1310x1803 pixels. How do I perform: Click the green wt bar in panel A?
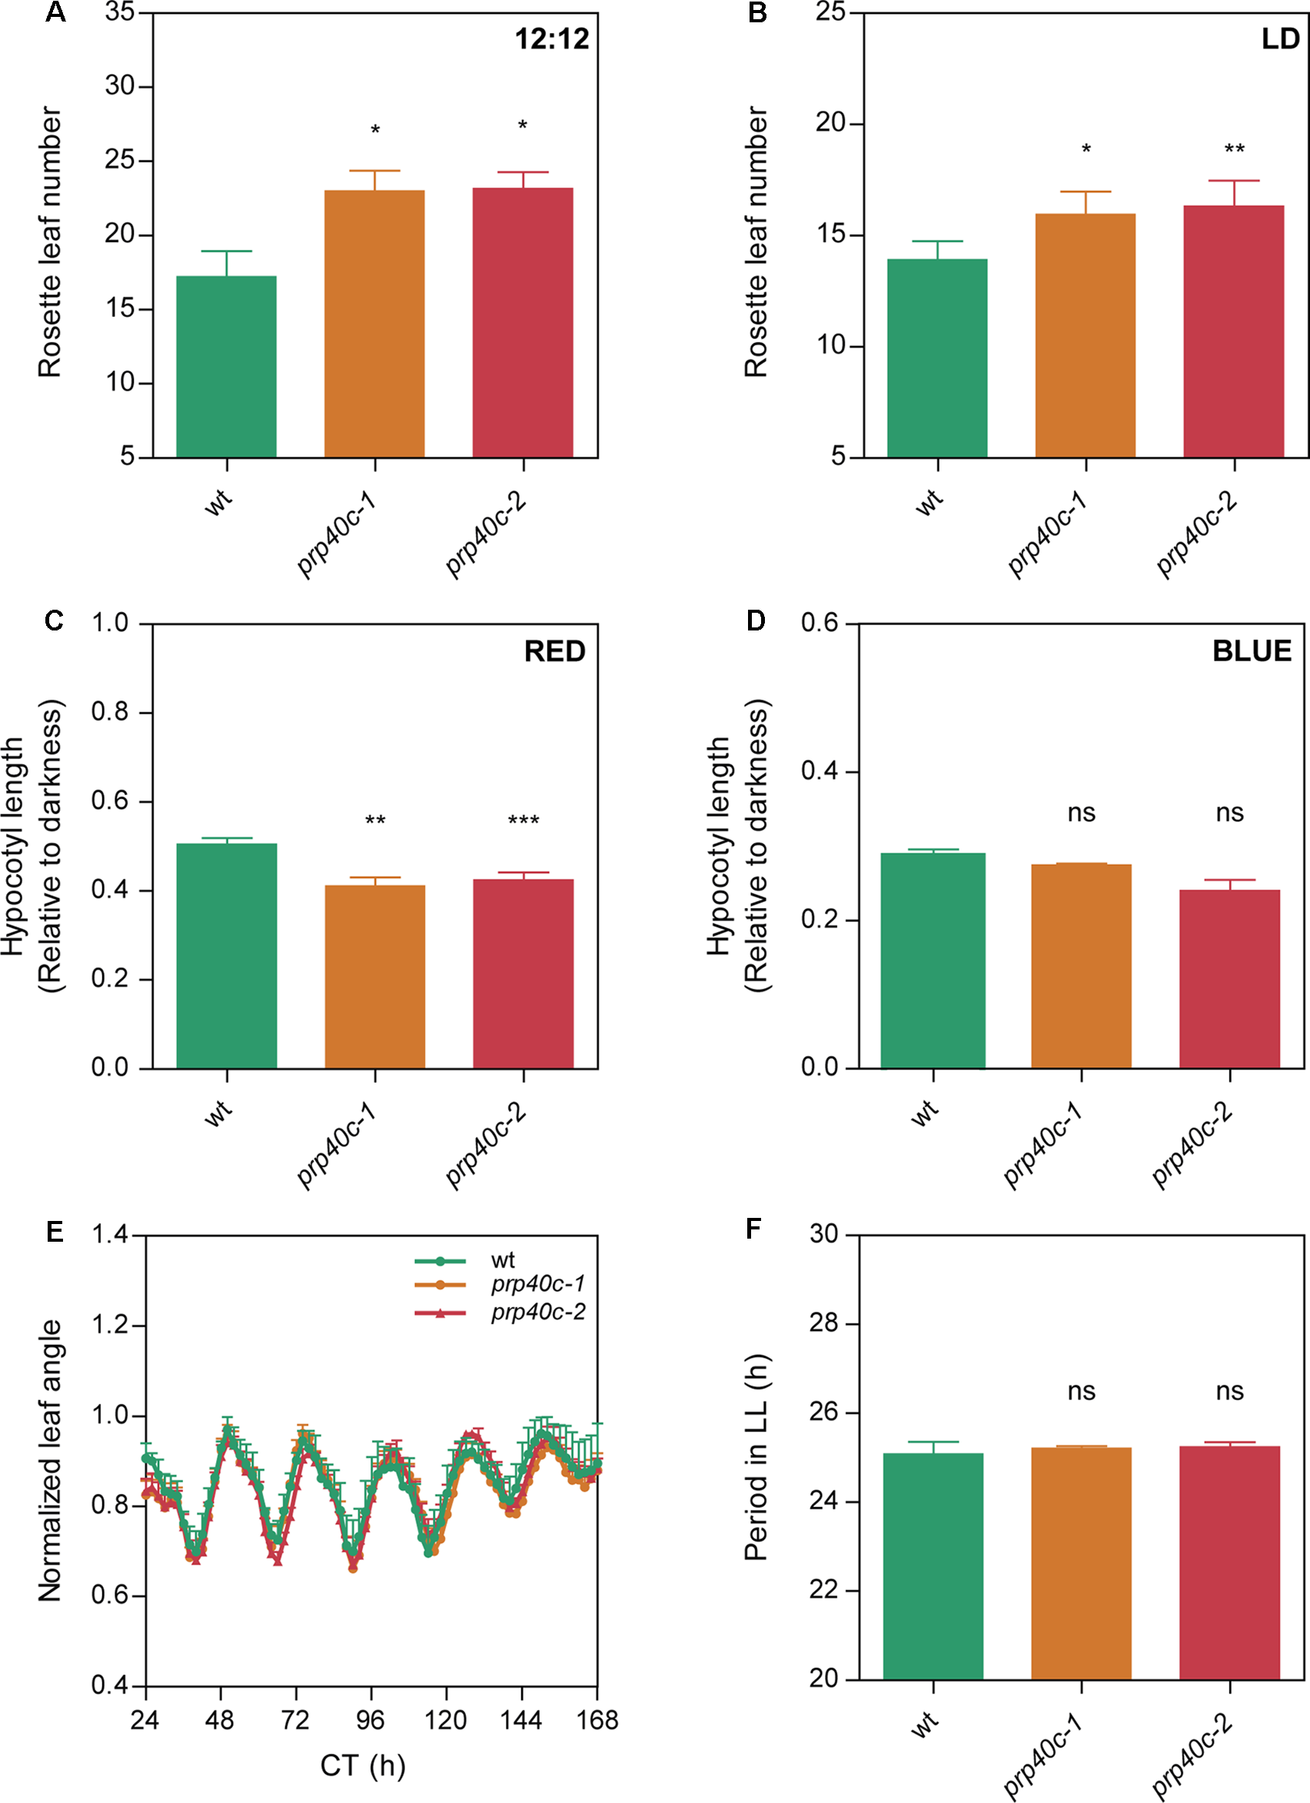(227, 367)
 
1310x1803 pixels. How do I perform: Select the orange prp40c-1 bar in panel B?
(1085, 335)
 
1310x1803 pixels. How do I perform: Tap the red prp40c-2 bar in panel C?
(523, 973)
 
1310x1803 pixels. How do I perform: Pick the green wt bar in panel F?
(933, 1565)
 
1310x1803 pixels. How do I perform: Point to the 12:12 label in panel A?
(552, 39)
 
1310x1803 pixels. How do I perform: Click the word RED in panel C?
(554, 652)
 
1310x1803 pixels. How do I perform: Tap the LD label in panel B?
(1280, 39)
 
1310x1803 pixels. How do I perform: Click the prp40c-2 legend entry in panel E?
(538, 1312)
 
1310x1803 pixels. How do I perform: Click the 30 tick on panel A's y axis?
(121, 86)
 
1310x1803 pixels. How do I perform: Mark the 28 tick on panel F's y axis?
(824, 1322)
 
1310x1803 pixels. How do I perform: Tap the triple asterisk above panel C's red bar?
(523, 820)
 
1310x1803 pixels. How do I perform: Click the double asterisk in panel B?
(1235, 148)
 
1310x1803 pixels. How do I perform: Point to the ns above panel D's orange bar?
(1081, 813)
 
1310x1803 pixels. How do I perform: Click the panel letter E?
(54, 1232)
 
